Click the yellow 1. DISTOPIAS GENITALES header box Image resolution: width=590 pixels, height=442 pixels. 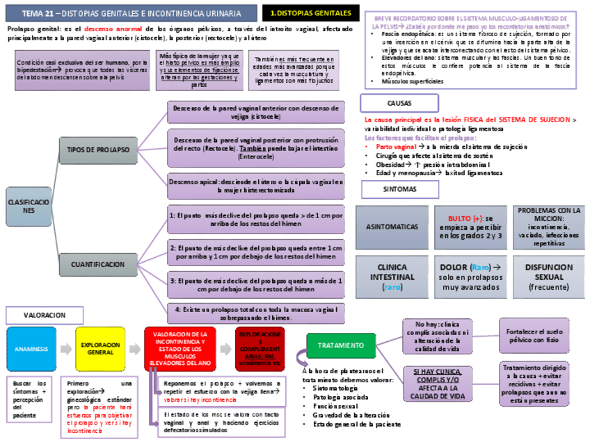coord(310,13)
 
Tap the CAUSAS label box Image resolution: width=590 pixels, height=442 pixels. coord(399,103)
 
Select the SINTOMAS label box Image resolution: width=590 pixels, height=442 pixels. coord(399,189)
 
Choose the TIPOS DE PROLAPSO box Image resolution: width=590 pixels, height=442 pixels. coord(98,149)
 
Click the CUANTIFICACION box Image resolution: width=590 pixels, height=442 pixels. coord(98,264)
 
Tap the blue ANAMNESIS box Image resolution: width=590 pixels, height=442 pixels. coord(31,348)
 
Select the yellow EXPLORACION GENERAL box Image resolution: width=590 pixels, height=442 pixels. coord(100,348)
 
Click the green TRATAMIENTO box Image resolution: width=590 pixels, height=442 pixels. coord(341,345)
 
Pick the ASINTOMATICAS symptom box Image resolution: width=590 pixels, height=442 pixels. coord(392,227)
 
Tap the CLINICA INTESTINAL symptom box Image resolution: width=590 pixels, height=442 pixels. coord(392,277)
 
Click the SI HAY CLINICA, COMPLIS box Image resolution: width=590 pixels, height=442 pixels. coord(437,384)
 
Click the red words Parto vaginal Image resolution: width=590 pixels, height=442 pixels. coord(396,147)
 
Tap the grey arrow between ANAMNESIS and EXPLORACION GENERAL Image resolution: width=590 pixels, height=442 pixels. coord(65,348)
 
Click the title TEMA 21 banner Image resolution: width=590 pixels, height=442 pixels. coord(131,13)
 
